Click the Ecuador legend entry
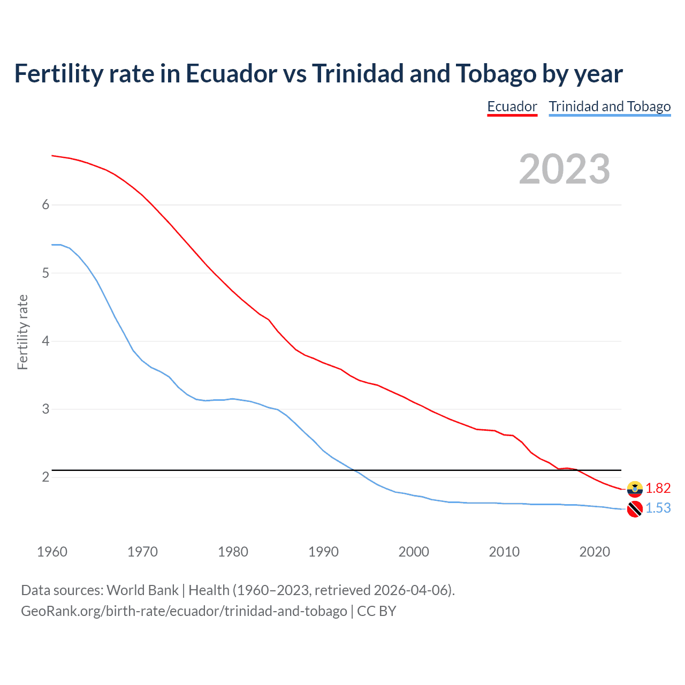[512, 106]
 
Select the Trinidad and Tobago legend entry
[610, 106]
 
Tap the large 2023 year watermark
[564, 169]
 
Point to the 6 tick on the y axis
[45, 205]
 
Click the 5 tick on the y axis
[45, 273]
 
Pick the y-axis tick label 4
[45, 341]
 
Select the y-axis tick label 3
[45, 409]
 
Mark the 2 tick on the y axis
[45, 477]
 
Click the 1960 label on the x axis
[52, 552]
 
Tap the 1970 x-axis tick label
[142, 552]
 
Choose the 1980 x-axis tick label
[233, 552]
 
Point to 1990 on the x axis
[323, 552]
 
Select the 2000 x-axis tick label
[414, 552]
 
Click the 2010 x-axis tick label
[504, 552]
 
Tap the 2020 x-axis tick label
[595, 552]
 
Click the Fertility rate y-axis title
[22, 332]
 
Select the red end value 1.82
[658, 488]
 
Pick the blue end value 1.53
[658, 508]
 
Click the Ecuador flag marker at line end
[635, 489]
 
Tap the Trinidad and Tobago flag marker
[635, 509]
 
